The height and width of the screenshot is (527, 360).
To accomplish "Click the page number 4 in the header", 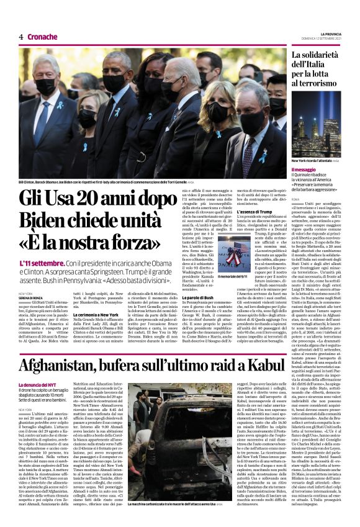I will [20, 37].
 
